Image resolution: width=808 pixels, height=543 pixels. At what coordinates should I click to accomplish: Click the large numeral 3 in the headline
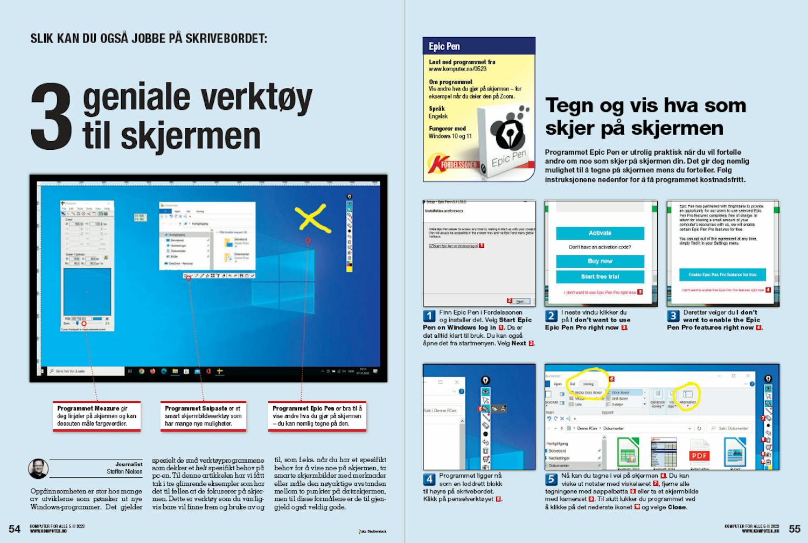coord(51,117)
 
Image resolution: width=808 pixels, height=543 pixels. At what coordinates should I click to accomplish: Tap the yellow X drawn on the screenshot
coord(311,218)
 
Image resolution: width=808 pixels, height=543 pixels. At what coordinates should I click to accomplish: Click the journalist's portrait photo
coord(38,469)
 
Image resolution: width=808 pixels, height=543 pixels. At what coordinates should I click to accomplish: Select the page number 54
coord(15,528)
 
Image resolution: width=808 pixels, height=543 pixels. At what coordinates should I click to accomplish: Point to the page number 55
coord(795,528)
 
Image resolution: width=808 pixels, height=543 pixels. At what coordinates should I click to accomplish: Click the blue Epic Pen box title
coord(444,46)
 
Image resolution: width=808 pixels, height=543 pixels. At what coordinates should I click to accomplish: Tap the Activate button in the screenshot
coord(600,233)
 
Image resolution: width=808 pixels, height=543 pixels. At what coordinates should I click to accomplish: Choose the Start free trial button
coord(600,276)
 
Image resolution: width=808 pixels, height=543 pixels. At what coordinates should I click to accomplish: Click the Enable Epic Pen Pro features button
coord(722,275)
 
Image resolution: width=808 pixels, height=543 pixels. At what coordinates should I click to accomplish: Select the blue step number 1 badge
coord(429,316)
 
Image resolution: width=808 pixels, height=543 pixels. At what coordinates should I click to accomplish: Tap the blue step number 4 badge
coord(429,479)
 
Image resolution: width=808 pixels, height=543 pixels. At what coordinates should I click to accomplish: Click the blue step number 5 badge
coord(551,479)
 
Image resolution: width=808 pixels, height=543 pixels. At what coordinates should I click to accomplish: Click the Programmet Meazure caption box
coord(97,416)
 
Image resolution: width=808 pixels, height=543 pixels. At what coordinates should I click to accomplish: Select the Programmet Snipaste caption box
coord(204,416)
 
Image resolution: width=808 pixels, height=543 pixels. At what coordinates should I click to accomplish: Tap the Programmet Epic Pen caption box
coord(317,416)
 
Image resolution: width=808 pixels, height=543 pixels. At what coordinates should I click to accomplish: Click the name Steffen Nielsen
coord(124,472)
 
